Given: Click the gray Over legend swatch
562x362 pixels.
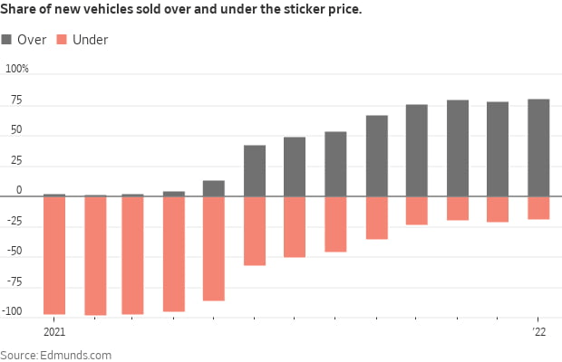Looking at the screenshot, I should point(7,40).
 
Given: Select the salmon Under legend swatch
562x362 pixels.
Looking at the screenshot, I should point(61,40).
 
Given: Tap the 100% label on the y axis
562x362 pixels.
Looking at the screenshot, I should point(17,69).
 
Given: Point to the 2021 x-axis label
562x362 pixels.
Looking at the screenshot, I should point(53,333).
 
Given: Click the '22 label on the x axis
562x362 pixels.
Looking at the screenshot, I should point(539,333).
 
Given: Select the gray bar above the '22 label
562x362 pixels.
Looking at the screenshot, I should point(538,148).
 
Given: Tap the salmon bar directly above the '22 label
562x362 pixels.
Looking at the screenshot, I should point(538,207).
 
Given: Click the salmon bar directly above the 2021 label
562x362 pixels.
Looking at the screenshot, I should point(54,255).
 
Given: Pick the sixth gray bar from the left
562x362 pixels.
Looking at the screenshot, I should point(255,170).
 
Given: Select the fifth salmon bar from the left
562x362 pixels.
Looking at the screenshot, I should point(214,248).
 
